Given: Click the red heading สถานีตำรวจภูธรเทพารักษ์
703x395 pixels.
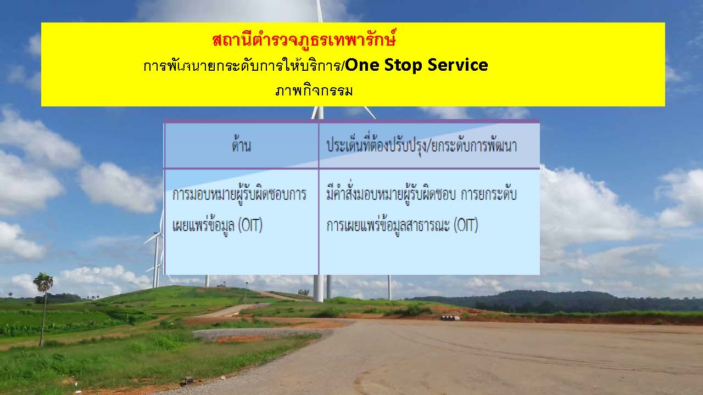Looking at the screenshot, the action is coord(304,40).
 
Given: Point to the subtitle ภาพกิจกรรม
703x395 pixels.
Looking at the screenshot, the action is coord(314,91).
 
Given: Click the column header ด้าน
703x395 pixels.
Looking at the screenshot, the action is coord(241,145).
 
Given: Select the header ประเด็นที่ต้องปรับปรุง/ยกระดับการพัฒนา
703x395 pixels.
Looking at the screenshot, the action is coord(421,145).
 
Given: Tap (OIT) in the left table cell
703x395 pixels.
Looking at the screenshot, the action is coord(250,225).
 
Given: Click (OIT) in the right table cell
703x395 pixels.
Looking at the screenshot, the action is coord(466,225).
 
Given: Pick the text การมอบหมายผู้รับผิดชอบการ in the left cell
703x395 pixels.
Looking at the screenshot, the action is coord(239,194).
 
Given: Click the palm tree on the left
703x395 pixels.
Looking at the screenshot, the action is coord(43,309).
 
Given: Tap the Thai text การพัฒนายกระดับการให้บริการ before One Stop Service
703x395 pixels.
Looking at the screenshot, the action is coord(243,65).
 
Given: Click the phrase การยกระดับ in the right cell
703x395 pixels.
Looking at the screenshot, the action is coord(489,194).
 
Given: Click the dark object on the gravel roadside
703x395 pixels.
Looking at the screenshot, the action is coord(187,381).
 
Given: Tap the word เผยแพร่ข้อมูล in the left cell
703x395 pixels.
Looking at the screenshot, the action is coord(203,225).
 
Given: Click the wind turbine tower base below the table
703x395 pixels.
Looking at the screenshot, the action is coord(318,289).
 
